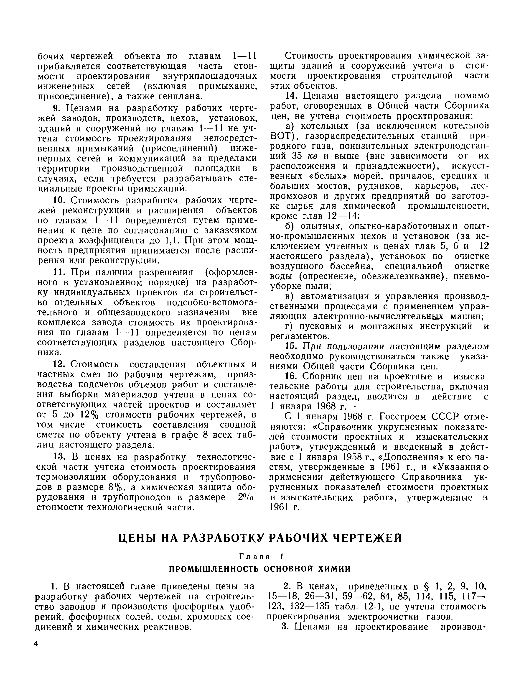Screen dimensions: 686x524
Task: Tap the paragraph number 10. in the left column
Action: [58, 200]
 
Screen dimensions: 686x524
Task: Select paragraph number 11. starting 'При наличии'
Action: [58, 272]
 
